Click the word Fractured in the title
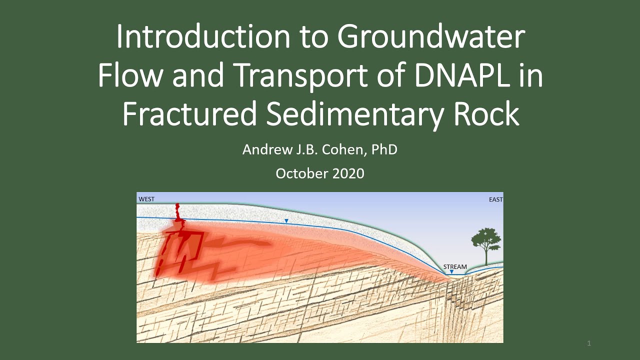point(189,114)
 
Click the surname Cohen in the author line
point(340,149)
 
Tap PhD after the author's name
point(384,149)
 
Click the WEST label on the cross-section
point(146,199)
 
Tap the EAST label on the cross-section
point(495,199)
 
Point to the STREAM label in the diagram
point(455,266)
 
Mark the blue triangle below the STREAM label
point(451,272)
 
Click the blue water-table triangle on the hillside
point(286,221)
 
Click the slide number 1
point(589,343)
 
